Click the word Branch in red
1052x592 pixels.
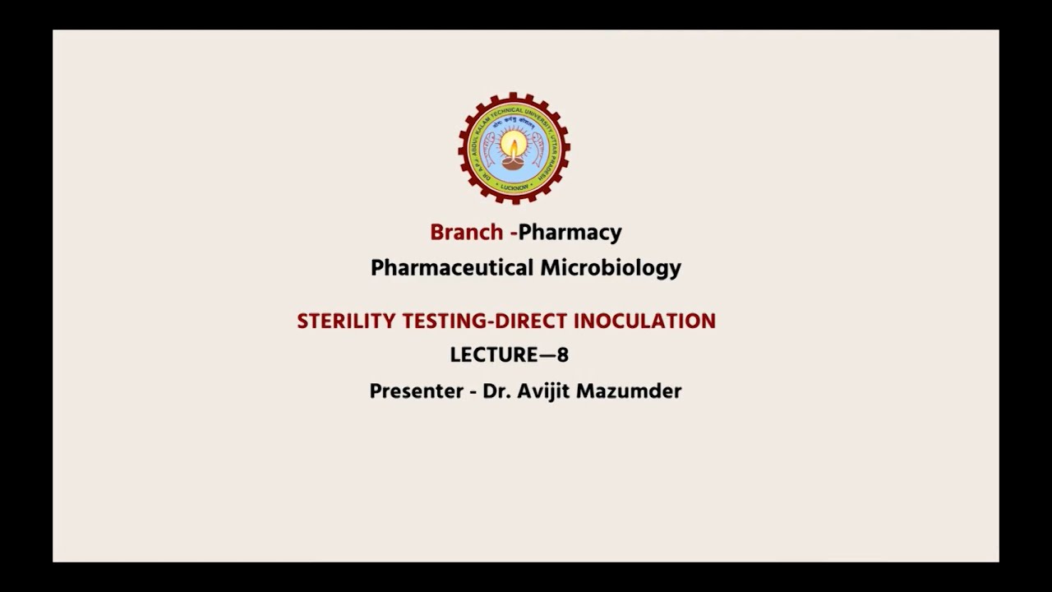point(466,232)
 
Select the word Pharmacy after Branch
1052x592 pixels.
point(570,233)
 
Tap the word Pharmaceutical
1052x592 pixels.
point(452,268)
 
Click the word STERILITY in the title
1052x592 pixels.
point(346,321)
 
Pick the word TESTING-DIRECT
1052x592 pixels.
point(485,321)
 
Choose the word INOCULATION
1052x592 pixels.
point(644,321)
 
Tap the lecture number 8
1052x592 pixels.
point(563,355)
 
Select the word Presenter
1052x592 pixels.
point(417,391)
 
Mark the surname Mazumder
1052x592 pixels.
point(629,391)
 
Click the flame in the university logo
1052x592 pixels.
point(514,146)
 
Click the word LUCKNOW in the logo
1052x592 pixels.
point(514,187)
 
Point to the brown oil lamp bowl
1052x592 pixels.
point(514,162)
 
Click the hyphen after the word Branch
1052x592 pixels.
point(514,234)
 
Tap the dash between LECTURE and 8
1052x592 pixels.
point(547,355)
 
